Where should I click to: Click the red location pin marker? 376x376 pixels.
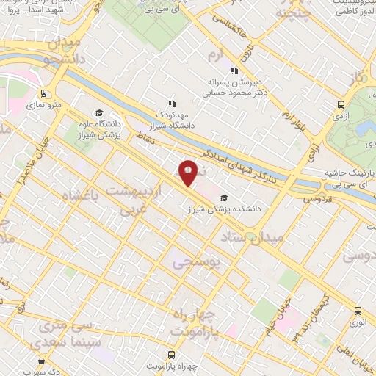189,173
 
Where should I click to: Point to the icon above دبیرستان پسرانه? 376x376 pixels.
234,71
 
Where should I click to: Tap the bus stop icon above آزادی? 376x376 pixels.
340,105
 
